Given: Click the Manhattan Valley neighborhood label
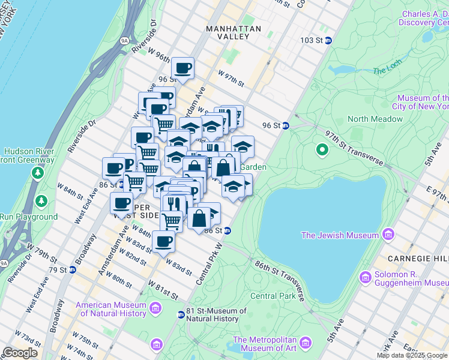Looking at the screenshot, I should (x=234, y=32).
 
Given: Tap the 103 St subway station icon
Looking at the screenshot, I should (x=328, y=40).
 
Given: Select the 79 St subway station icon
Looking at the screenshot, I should (x=73, y=269).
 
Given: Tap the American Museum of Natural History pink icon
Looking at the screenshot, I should (x=155, y=309).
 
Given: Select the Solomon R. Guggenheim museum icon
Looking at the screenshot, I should (x=365, y=277).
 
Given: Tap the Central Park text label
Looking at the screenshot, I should (x=273, y=296).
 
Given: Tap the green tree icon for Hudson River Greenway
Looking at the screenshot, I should (x=38, y=173).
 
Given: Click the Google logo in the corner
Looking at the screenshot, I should (x=20, y=352).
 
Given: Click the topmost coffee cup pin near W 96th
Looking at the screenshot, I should (x=183, y=68).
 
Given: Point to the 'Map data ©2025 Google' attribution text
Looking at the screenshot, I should (x=412, y=355).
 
